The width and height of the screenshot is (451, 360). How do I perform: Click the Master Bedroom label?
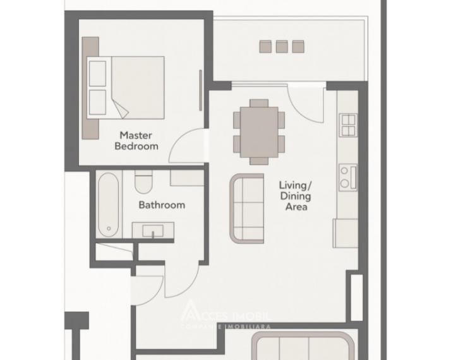(x=136, y=140)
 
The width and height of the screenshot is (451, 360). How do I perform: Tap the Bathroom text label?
(x=162, y=205)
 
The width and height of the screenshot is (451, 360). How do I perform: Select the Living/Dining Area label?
(x=296, y=195)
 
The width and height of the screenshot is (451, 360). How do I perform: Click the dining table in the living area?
(x=259, y=131)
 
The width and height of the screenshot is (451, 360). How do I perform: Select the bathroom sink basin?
(x=152, y=231)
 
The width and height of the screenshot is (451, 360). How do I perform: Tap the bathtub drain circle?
(x=109, y=229)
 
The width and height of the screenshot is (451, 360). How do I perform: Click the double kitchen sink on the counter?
(x=348, y=125)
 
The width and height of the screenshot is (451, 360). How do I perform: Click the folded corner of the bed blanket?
(x=121, y=109)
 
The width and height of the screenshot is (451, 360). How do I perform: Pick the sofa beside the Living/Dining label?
(x=247, y=208)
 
